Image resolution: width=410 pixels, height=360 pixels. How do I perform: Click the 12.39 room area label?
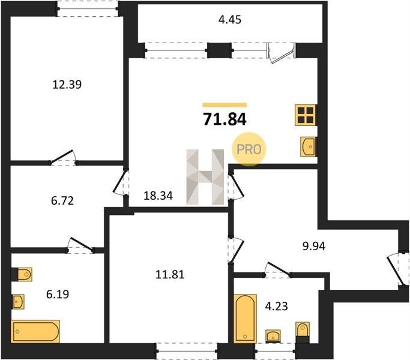(67, 85)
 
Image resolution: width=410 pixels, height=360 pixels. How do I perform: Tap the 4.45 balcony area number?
(230, 20)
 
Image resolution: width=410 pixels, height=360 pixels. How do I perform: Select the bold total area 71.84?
(225, 119)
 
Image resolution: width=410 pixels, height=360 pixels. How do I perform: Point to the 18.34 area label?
(158, 196)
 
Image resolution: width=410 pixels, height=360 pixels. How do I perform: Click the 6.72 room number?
(62, 201)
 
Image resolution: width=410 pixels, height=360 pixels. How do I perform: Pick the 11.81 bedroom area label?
(170, 275)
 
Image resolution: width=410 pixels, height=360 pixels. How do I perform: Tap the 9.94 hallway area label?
(314, 246)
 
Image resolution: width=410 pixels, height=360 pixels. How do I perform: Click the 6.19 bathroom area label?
(58, 295)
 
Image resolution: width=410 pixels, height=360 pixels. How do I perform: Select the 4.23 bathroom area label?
(276, 306)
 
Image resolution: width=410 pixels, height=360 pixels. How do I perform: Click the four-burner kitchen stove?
(306, 115)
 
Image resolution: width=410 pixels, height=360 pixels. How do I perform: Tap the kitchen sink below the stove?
(308, 146)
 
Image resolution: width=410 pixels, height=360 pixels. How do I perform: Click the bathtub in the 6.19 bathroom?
(35, 331)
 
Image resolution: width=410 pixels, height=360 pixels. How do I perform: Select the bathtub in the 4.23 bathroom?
(245, 319)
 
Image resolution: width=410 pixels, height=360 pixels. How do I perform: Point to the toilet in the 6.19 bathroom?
(22, 275)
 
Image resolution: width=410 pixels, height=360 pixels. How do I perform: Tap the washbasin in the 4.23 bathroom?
(273, 336)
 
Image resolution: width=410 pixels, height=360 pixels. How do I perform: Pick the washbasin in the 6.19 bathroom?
(18, 302)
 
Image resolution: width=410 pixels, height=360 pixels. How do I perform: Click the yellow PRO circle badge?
(249, 149)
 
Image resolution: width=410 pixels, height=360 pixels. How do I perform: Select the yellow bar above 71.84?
(225, 105)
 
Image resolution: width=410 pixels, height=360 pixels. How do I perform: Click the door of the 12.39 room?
(63, 158)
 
